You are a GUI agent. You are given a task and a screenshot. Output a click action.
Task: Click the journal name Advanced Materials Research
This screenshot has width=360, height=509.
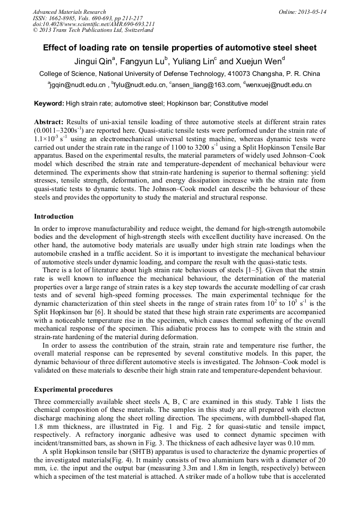coord(69,12)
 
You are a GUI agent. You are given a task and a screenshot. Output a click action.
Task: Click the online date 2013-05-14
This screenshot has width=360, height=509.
coord(312,12)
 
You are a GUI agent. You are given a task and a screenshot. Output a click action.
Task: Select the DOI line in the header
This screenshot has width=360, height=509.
coord(93,24)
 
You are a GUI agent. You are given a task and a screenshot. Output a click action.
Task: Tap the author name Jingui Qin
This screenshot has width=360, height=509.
coord(92,62)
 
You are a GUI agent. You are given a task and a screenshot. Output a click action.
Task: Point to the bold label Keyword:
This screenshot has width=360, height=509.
coord(49,103)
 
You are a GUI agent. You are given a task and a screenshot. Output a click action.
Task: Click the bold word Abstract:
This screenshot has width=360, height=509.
coord(49,122)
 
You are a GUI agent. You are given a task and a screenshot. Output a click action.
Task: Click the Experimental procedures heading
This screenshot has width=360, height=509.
coord(73,389)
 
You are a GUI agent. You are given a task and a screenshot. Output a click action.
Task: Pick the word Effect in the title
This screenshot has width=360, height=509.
coord(56,48)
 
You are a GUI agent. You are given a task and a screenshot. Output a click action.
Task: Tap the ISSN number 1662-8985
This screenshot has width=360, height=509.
coord(62,18)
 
